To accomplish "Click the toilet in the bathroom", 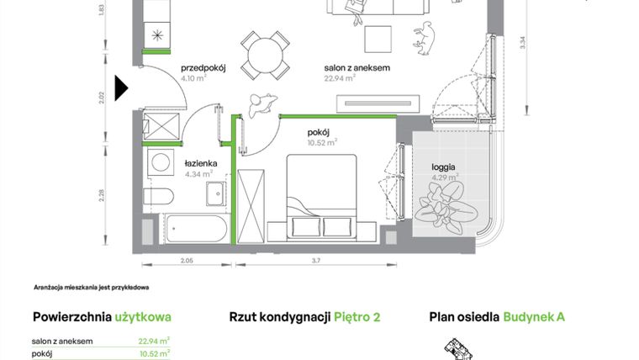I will pos(158,198).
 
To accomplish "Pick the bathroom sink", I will pos(215,193).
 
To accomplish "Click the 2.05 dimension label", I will pos(186,262).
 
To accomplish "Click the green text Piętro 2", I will pos(357,317).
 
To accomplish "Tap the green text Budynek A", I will pos(534,317).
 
